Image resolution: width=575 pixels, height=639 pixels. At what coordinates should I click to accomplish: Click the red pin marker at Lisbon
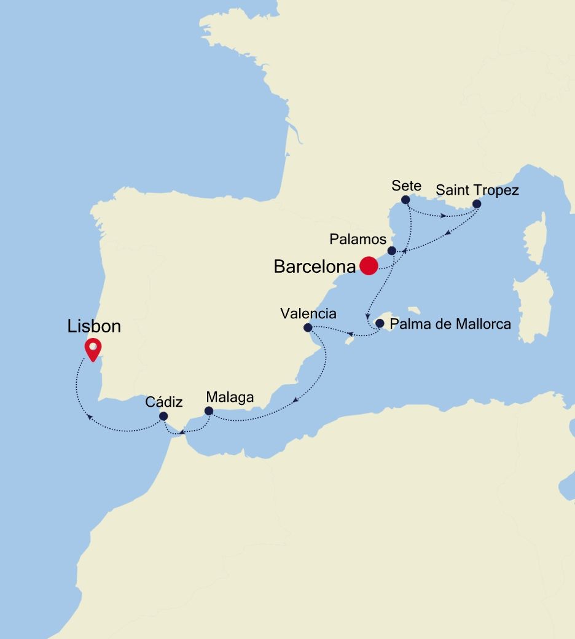[x=93, y=349]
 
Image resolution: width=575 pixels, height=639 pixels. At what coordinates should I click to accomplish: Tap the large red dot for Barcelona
[x=369, y=265]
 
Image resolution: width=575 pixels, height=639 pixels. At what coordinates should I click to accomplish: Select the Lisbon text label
[x=94, y=326]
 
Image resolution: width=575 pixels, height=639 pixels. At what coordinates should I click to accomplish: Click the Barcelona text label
[x=315, y=267]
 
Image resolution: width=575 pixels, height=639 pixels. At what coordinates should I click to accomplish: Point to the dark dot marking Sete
[x=405, y=200]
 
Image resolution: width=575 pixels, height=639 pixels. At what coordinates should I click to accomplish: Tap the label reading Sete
[x=405, y=186]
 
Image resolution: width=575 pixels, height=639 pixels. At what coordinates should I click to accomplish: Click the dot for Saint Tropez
[x=477, y=204]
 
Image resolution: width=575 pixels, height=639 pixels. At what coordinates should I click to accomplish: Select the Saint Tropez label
[x=477, y=190]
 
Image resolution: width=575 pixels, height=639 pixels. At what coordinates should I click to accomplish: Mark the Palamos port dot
[x=392, y=250]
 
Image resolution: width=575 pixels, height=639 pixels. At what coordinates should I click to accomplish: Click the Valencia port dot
[x=308, y=327]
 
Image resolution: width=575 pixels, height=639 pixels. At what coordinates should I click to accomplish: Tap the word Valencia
[x=308, y=313]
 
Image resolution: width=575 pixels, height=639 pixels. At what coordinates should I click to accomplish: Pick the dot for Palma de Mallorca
[x=380, y=323]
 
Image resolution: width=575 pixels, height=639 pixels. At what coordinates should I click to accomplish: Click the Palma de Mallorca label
[x=451, y=324]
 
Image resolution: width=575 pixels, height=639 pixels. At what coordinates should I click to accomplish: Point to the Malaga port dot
[x=209, y=411]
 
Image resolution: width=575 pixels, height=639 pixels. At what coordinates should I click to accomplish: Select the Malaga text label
[x=230, y=398]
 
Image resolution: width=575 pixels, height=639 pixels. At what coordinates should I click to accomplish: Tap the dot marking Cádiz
[x=163, y=416]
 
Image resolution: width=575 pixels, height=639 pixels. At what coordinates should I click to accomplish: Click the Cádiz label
[x=164, y=402]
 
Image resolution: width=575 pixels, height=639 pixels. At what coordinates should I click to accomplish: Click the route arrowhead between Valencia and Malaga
[x=295, y=402]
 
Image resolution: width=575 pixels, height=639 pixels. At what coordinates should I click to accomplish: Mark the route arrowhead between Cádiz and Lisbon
[x=90, y=417]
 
